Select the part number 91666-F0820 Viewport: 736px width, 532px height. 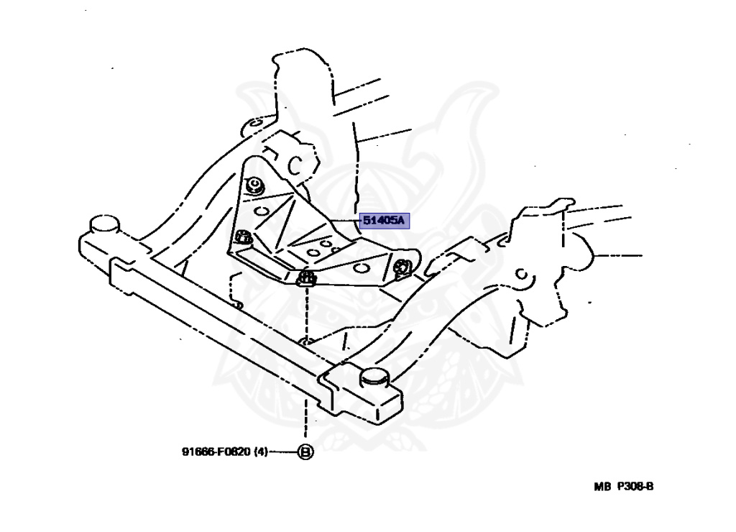(x=215, y=452)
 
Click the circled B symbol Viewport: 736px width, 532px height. (x=306, y=452)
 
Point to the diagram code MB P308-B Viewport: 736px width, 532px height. (x=623, y=487)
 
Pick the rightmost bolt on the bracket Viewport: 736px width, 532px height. (x=402, y=267)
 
